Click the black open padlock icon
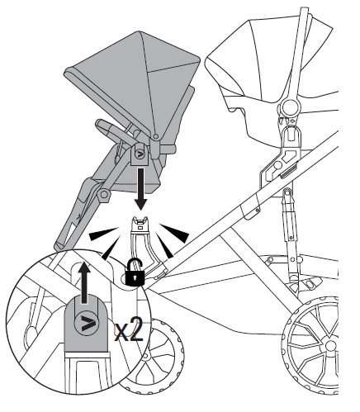(135, 274)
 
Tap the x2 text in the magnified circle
(129, 329)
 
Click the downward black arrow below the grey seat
(141, 189)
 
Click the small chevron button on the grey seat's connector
(140, 154)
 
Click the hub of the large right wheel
(330, 346)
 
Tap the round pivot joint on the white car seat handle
(290, 106)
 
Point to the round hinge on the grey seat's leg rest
(104, 194)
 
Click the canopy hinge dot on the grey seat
(156, 136)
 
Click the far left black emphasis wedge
(103, 234)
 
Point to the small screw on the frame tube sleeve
(257, 210)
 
